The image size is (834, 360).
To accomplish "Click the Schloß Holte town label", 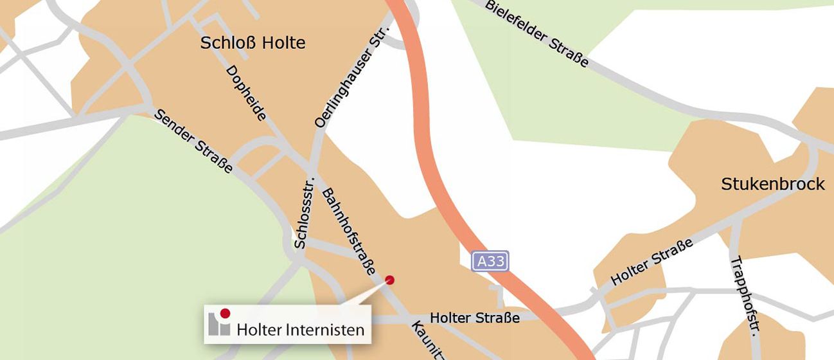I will pos(253,44).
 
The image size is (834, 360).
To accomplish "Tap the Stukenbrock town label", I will pos(772,184).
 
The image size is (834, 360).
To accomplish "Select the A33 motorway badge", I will pos(490,261).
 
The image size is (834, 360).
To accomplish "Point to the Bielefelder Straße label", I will pos(537,33).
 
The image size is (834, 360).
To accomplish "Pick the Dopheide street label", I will pos(246,92).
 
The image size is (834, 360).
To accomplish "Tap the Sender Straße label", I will pos(193,141).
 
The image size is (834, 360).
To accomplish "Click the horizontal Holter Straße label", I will pos(474,318).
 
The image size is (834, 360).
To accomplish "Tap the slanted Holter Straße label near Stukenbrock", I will pos(652,262).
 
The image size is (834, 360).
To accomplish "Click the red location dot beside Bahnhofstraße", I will pos(389,280).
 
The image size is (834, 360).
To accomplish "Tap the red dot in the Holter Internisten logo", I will pos(225,314).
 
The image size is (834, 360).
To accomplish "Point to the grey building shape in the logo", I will pos(218,325).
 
